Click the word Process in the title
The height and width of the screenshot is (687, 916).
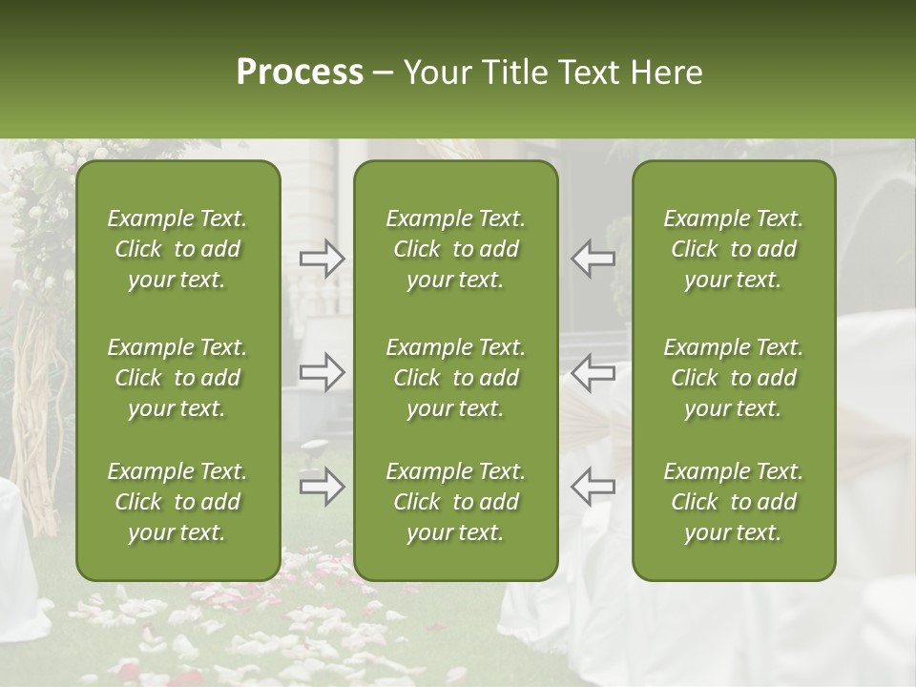(x=300, y=73)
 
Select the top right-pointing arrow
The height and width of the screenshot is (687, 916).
(x=323, y=259)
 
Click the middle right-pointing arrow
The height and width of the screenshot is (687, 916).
(x=323, y=372)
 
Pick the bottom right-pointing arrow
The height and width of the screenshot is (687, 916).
(x=323, y=487)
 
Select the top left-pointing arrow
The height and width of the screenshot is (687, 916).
(x=593, y=259)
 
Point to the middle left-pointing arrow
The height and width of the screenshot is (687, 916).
(x=593, y=372)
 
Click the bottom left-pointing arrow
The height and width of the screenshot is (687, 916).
(x=593, y=487)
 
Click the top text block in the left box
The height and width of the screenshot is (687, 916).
(x=177, y=249)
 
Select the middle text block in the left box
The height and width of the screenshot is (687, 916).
(x=177, y=378)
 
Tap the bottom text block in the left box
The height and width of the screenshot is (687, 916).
(x=177, y=502)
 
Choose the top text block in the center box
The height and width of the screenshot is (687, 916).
(x=455, y=249)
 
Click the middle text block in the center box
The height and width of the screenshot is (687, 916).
(x=455, y=378)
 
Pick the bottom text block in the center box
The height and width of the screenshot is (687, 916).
(x=455, y=502)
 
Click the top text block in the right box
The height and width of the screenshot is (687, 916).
(x=734, y=249)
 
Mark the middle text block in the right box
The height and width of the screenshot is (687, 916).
(x=734, y=378)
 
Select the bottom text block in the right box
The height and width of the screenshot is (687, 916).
(x=734, y=502)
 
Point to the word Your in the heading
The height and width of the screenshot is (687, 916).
(x=435, y=73)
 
